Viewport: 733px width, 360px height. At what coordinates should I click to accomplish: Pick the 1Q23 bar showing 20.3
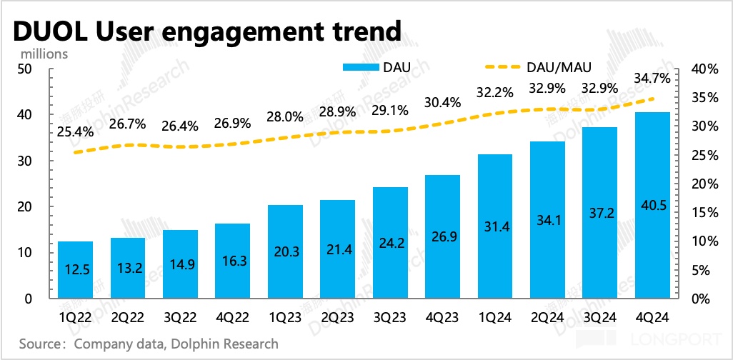285,251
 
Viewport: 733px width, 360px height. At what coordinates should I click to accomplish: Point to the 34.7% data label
652,76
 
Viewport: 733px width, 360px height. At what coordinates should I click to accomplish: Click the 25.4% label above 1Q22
74,131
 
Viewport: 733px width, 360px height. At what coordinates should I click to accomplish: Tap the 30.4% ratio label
443,101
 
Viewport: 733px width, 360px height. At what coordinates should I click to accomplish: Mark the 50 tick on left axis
26,69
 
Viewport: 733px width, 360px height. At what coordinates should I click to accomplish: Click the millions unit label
44,54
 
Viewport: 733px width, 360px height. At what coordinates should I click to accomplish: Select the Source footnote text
149,344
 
